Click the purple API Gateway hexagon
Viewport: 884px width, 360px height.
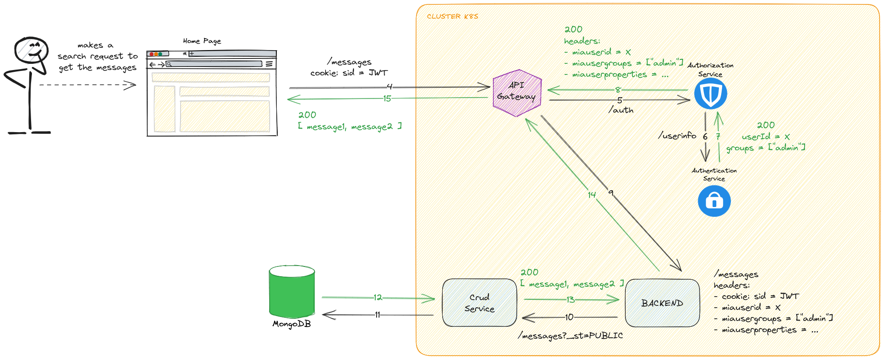pyautogui.click(x=517, y=93)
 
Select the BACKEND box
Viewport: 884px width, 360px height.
pyautogui.click(x=662, y=303)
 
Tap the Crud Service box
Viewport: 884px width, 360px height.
pyautogui.click(x=479, y=303)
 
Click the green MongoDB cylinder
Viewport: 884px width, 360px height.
pyautogui.click(x=292, y=293)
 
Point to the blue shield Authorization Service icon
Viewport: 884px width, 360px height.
pyautogui.click(x=711, y=94)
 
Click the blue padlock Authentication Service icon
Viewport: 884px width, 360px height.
pyautogui.click(x=714, y=201)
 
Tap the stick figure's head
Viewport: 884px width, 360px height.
pyautogui.click(x=31, y=50)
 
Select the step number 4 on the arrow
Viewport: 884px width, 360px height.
pyautogui.click(x=389, y=87)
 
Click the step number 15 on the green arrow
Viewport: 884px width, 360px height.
pyautogui.click(x=387, y=98)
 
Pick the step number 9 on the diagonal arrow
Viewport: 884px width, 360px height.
pyautogui.click(x=611, y=192)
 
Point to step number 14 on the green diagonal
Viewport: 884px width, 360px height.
pyautogui.click(x=592, y=195)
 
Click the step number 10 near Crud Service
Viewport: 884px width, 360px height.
pyautogui.click(x=569, y=317)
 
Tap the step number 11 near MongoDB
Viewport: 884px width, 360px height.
pyautogui.click(x=377, y=315)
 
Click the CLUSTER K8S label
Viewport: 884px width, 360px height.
pyautogui.click(x=452, y=16)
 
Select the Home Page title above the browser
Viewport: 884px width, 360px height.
pyautogui.click(x=202, y=41)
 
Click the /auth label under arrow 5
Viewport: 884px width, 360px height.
pyautogui.click(x=621, y=110)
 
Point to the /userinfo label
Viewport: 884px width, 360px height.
pyautogui.click(x=677, y=136)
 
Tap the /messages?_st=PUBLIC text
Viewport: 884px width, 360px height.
pyautogui.click(x=570, y=336)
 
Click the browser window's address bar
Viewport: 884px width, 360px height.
pyautogui.click(x=215, y=64)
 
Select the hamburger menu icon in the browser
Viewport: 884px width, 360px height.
pyautogui.click(x=269, y=64)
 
